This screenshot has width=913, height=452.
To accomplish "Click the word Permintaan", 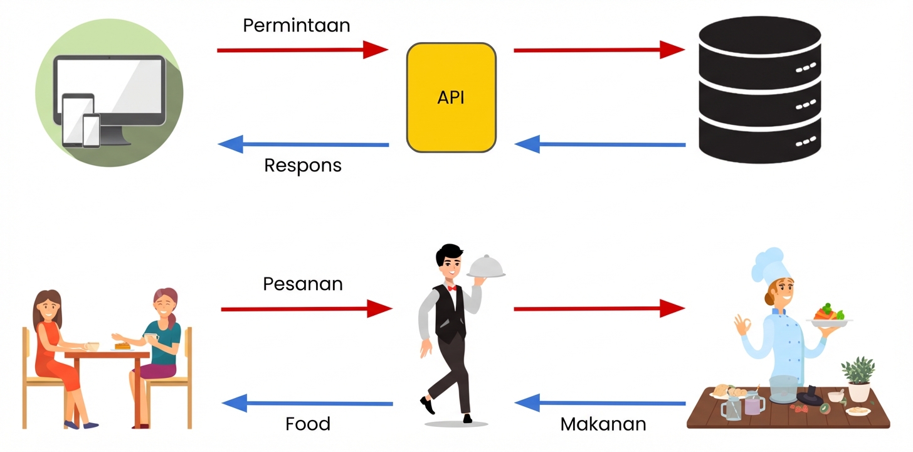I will click(x=296, y=26).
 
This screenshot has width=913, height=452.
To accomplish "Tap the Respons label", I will click(x=303, y=165).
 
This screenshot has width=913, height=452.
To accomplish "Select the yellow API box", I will click(x=451, y=97).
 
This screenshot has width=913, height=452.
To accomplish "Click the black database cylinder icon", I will click(x=759, y=90).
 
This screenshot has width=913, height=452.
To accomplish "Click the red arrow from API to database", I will click(x=599, y=50).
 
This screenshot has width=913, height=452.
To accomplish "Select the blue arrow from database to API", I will click(x=599, y=144).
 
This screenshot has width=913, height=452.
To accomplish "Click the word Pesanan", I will click(x=303, y=284).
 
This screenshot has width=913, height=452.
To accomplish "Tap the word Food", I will click(x=308, y=424).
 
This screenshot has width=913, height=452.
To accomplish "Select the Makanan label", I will click(x=603, y=424).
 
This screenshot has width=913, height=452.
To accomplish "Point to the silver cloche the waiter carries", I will click(x=486, y=267).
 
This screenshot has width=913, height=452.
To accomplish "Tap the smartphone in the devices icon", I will click(x=92, y=131).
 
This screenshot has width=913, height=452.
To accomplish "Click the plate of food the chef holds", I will click(x=829, y=315).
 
